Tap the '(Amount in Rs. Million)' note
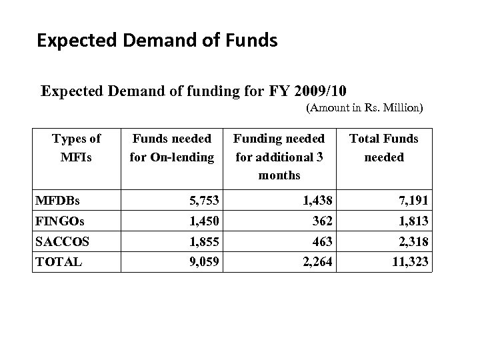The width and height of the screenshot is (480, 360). pos(365,107)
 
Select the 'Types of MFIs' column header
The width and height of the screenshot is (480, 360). pos(76,148)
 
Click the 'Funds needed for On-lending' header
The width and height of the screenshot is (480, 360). pos(172,148)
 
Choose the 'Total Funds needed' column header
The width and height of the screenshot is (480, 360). pos(384,148)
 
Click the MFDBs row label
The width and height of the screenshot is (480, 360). pos(57,201)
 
